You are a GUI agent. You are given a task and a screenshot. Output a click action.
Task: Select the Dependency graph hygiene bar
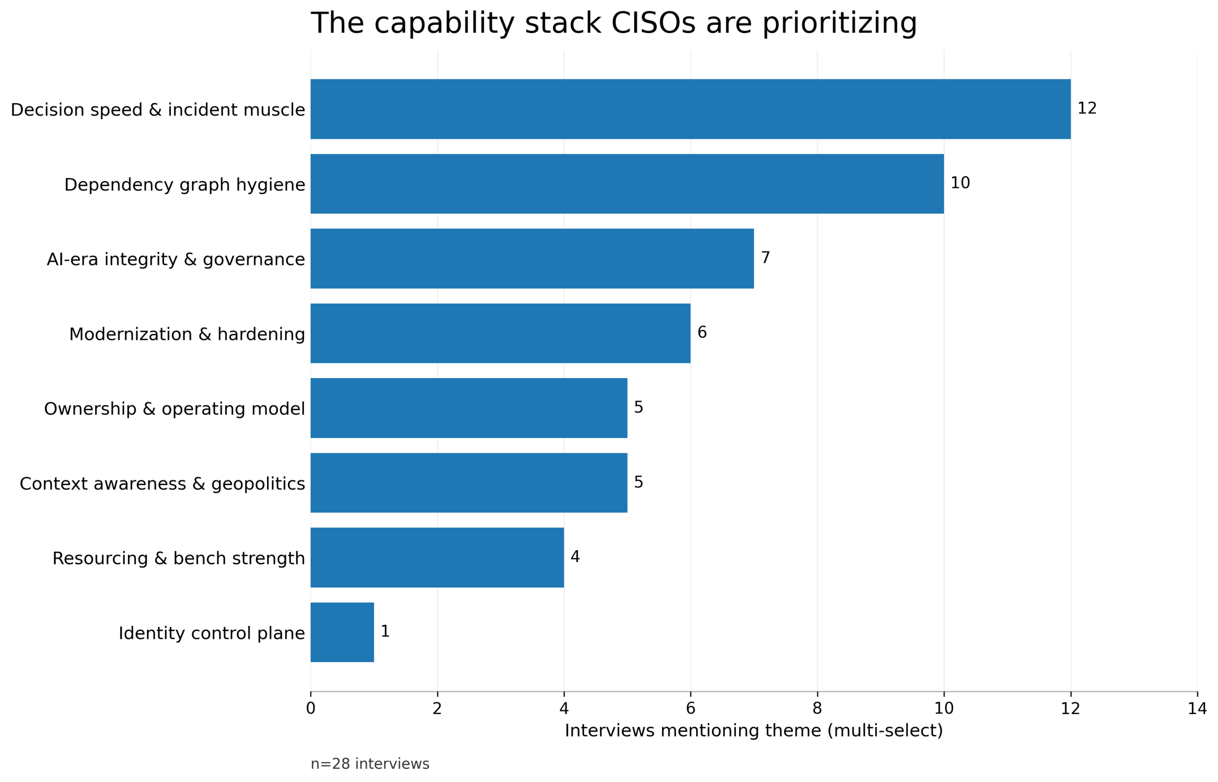(627, 184)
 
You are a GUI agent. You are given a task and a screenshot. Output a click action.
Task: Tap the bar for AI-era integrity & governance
(532, 258)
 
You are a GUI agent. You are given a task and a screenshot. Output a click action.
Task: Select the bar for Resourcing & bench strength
(437, 557)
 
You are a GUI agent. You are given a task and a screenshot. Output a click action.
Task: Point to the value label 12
(1087, 108)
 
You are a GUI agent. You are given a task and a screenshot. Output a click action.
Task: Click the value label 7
(765, 257)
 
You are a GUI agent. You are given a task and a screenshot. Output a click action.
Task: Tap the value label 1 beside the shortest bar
(384, 631)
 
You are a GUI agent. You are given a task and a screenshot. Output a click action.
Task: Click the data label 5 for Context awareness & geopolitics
(638, 482)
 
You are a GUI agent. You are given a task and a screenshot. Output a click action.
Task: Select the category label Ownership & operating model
(174, 409)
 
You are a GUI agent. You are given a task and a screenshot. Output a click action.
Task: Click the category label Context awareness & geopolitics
(162, 483)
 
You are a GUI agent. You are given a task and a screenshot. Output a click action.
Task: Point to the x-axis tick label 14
(1197, 708)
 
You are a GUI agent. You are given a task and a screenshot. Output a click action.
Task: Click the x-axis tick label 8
(817, 708)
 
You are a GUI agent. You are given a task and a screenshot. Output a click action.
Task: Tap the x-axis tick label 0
(310, 708)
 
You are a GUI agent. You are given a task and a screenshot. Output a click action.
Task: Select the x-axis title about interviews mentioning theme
(753, 731)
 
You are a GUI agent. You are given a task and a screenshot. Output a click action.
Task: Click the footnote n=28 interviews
(369, 764)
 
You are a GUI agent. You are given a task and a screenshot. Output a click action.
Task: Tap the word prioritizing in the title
(839, 23)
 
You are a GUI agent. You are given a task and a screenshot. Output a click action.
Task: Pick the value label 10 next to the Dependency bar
(960, 183)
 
